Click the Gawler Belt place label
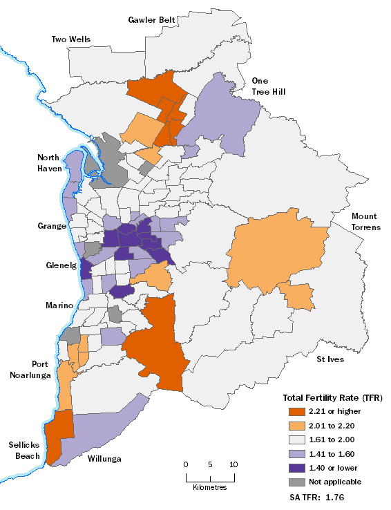pyautogui.click(x=151, y=19)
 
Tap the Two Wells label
pyautogui.click(x=70, y=39)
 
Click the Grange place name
pyautogui.click(x=52, y=226)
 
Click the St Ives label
pyautogui.click(x=330, y=359)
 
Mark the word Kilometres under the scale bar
pyautogui.click(x=211, y=487)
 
